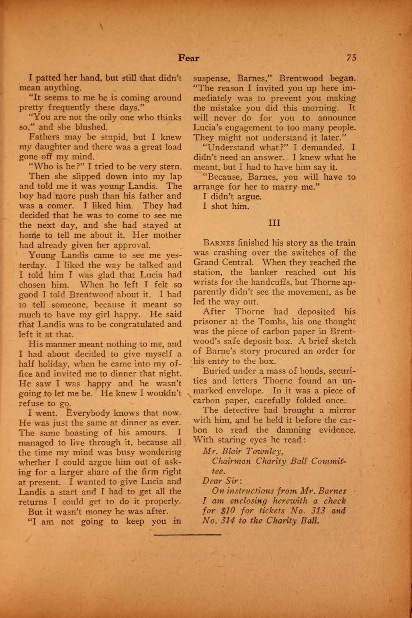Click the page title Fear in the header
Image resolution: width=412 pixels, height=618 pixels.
tap(188, 58)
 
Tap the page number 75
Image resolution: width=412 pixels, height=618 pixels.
tap(351, 58)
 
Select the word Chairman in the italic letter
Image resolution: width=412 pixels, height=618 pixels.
tap(231, 461)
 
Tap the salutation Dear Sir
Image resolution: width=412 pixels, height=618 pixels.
tap(218, 481)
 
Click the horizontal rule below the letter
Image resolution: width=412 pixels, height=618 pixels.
tap(188, 534)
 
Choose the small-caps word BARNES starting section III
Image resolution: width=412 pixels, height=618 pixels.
tap(218, 243)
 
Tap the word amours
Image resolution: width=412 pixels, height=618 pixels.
tap(154, 433)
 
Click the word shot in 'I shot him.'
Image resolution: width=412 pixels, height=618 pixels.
tap(219, 206)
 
